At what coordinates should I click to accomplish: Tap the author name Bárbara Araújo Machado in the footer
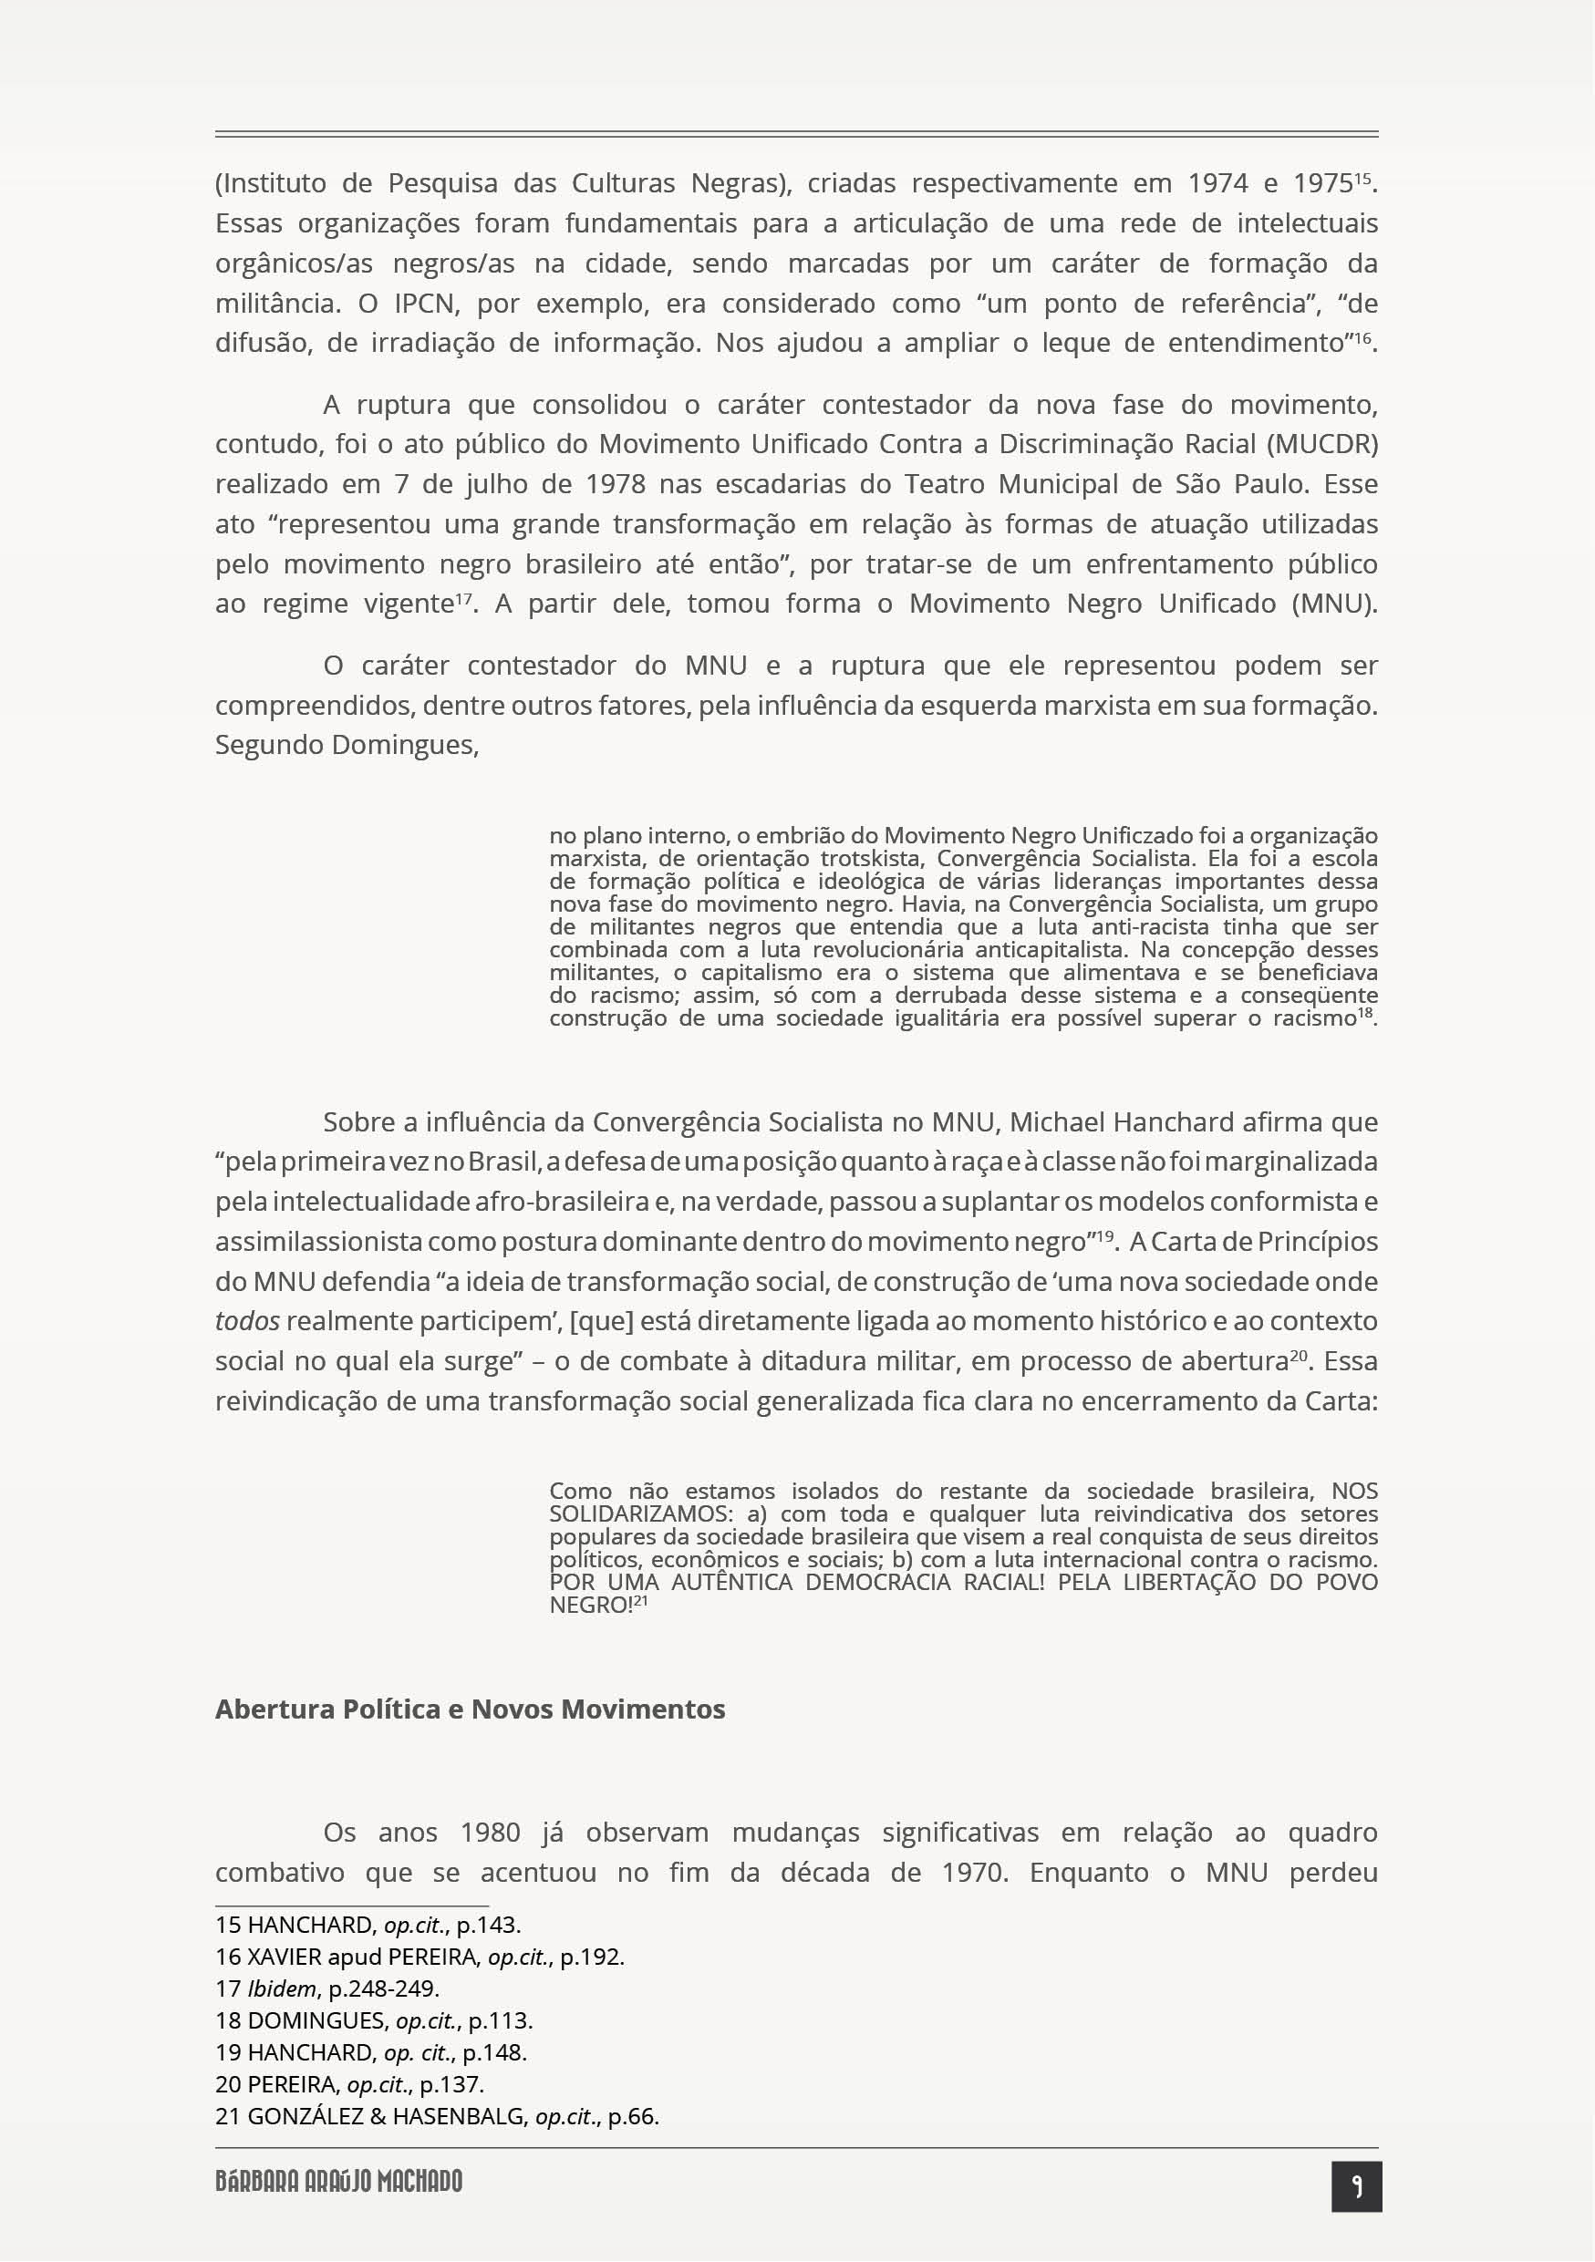(x=339, y=2182)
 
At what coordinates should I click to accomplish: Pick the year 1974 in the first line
(x=1217, y=183)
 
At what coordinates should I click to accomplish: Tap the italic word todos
(x=247, y=1321)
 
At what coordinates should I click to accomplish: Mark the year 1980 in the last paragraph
(x=490, y=1833)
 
